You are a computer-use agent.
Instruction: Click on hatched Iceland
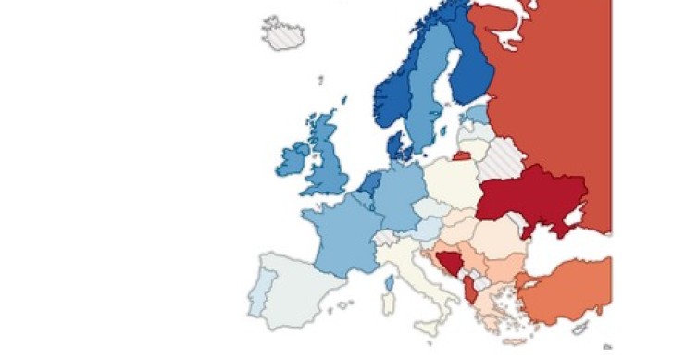[x=284, y=34]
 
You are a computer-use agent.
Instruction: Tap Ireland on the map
[x=293, y=158]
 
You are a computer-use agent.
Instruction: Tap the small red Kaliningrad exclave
[x=460, y=156]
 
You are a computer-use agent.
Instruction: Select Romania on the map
[x=500, y=236]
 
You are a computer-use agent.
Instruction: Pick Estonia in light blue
[x=478, y=114]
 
